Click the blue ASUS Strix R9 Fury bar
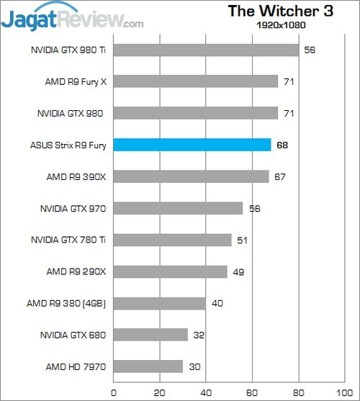[192, 145]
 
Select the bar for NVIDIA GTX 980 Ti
[206, 50]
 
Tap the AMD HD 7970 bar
[148, 366]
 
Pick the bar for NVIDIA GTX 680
[150, 335]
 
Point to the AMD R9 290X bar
[171, 271]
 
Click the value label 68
[283, 145]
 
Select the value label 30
[194, 367]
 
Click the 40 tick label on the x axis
[206, 392]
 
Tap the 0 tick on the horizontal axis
[114, 392]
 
